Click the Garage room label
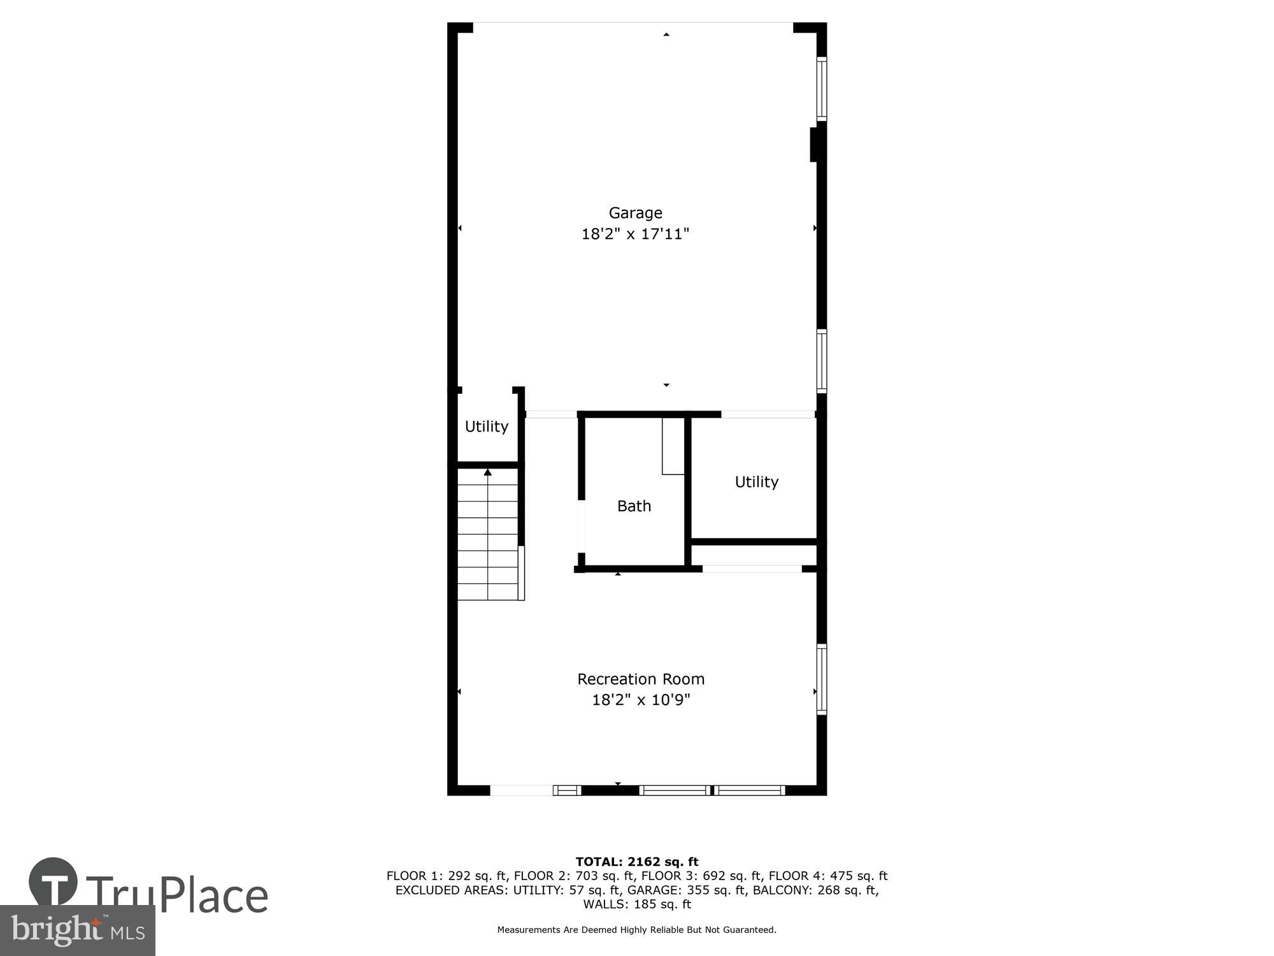(x=635, y=213)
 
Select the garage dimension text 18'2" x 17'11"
(x=635, y=234)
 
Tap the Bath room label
(x=634, y=506)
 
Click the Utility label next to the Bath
(x=756, y=482)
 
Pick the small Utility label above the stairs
(x=486, y=426)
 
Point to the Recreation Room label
(x=641, y=679)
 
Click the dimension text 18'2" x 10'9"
(x=641, y=700)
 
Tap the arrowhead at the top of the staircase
(x=488, y=472)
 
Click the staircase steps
(x=488, y=542)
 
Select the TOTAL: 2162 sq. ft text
(x=637, y=862)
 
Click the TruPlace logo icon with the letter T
(x=54, y=883)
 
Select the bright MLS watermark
(x=78, y=931)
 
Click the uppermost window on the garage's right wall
(x=822, y=89)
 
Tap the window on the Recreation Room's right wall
(x=822, y=679)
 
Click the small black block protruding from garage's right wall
(x=813, y=145)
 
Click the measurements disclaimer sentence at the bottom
(x=637, y=930)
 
